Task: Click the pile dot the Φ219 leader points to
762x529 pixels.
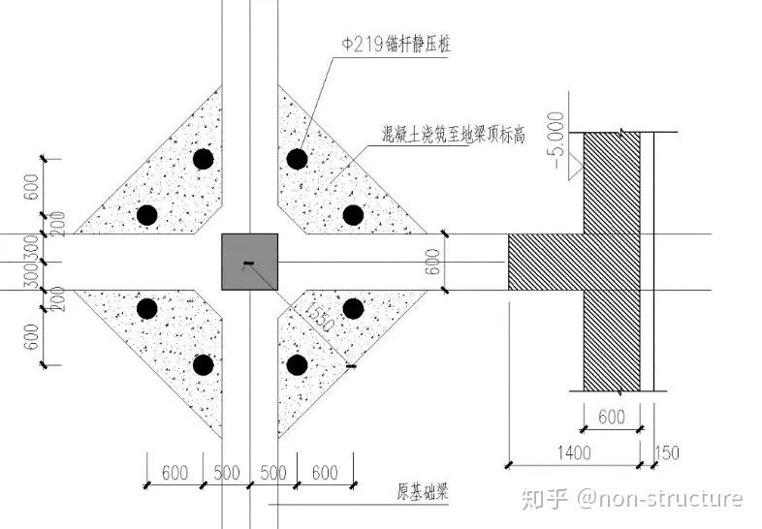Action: [297, 158]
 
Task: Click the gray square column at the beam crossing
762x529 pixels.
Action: [249, 262]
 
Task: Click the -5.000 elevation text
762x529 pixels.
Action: [556, 141]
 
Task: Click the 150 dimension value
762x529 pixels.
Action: [670, 452]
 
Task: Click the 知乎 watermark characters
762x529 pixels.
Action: [543, 499]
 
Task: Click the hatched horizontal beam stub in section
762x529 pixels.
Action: [545, 262]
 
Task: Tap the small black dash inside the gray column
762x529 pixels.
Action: [248, 263]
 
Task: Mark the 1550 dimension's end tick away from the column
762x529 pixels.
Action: [351, 366]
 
